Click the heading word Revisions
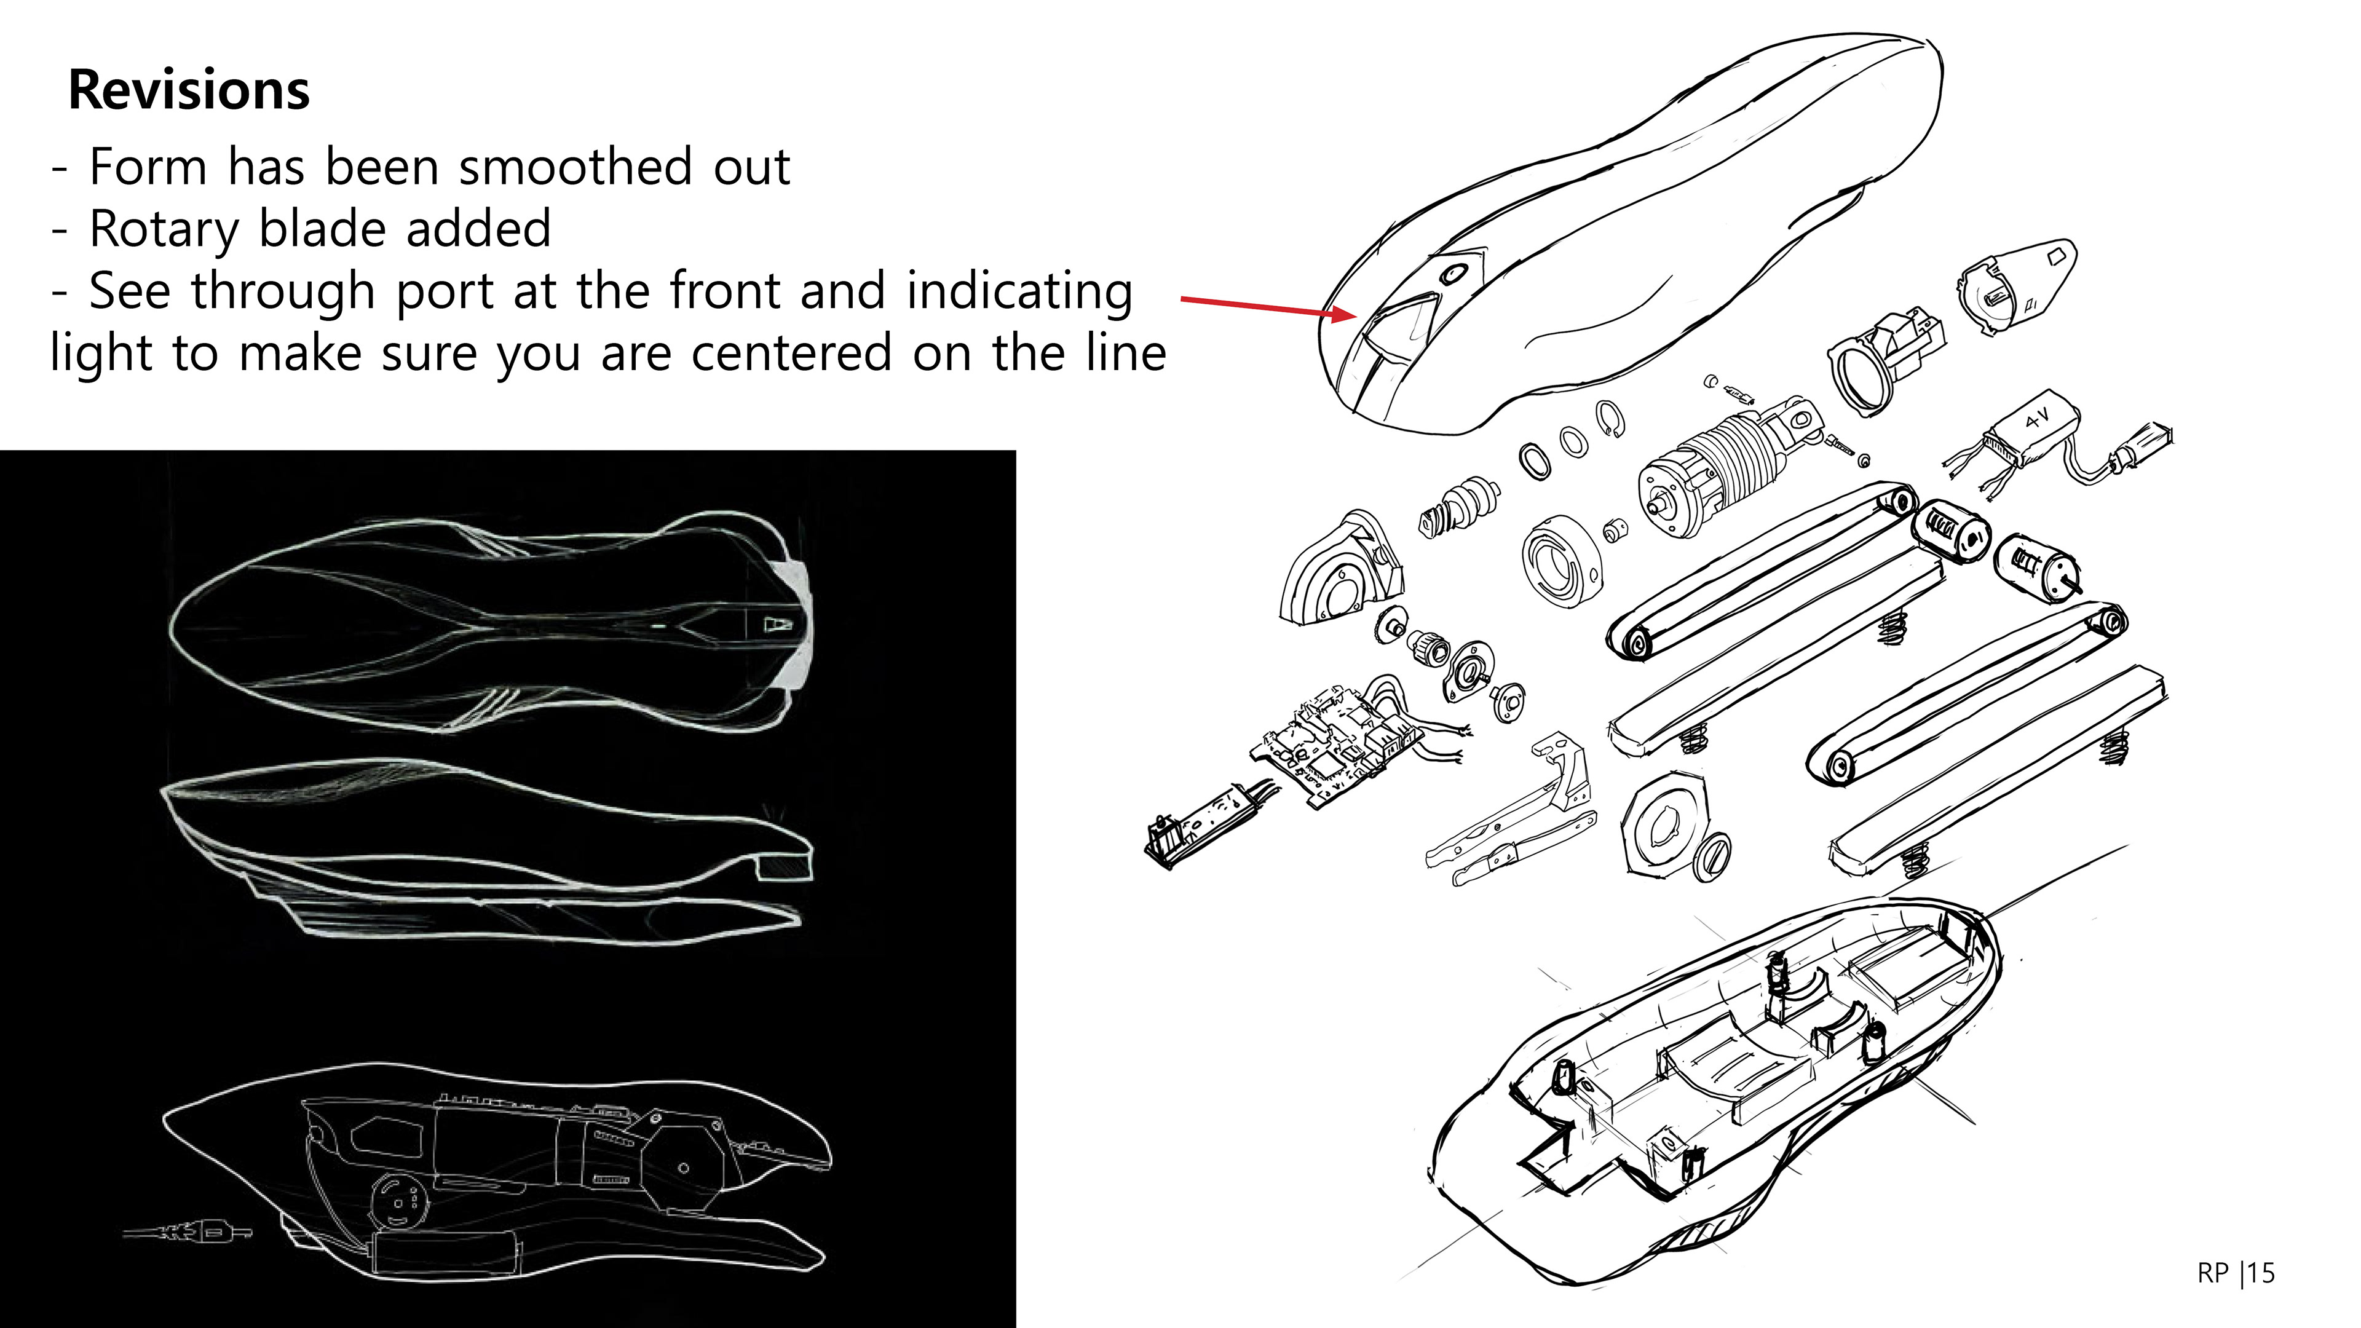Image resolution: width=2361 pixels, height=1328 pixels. coord(189,91)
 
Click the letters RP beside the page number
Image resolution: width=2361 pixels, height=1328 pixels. coord(2213,1273)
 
